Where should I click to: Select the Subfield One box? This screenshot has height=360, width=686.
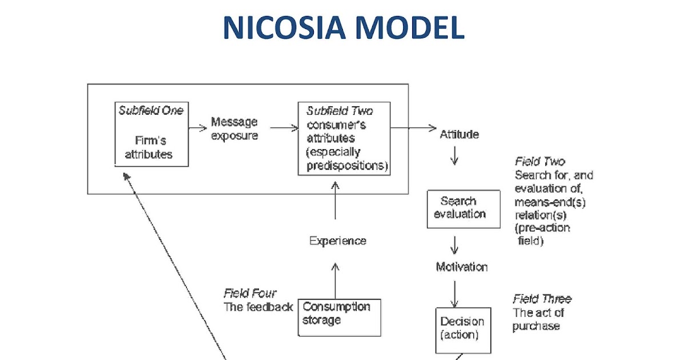tap(151, 134)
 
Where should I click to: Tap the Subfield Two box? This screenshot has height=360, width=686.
tap(344, 138)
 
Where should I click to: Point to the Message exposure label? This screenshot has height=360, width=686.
tap(234, 129)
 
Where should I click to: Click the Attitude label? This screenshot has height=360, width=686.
tap(459, 135)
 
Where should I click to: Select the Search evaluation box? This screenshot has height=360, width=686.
tap(463, 209)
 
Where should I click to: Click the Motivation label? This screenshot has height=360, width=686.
tap(461, 267)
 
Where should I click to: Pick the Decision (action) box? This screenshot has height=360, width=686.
tap(462, 329)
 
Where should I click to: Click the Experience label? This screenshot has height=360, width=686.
tap(337, 241)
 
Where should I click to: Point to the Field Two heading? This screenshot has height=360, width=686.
tap(540, 162)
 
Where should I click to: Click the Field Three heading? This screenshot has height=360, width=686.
tap(541, 299)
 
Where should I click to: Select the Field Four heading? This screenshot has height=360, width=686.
tap(250, 294)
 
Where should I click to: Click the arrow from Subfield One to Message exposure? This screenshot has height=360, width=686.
tap(198, 129)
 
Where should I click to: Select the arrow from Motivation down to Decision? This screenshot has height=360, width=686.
tap(454, 293)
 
